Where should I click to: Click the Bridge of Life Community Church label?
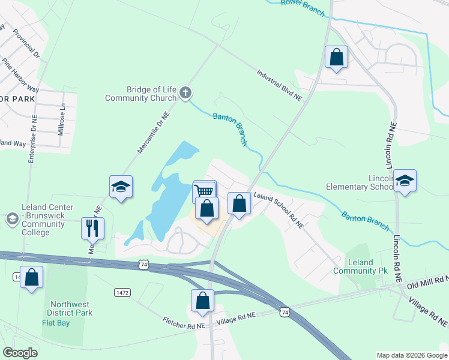(x=141, y=93)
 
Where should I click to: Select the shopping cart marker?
(x=205, y=191)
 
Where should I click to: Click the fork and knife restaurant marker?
(x=93, y=227)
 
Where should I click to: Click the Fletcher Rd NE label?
(x=183, y=322)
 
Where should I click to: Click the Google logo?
(x=20, y=353)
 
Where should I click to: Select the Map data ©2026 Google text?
(x=412, y=355)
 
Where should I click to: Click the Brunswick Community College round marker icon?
(x=11, y=220)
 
